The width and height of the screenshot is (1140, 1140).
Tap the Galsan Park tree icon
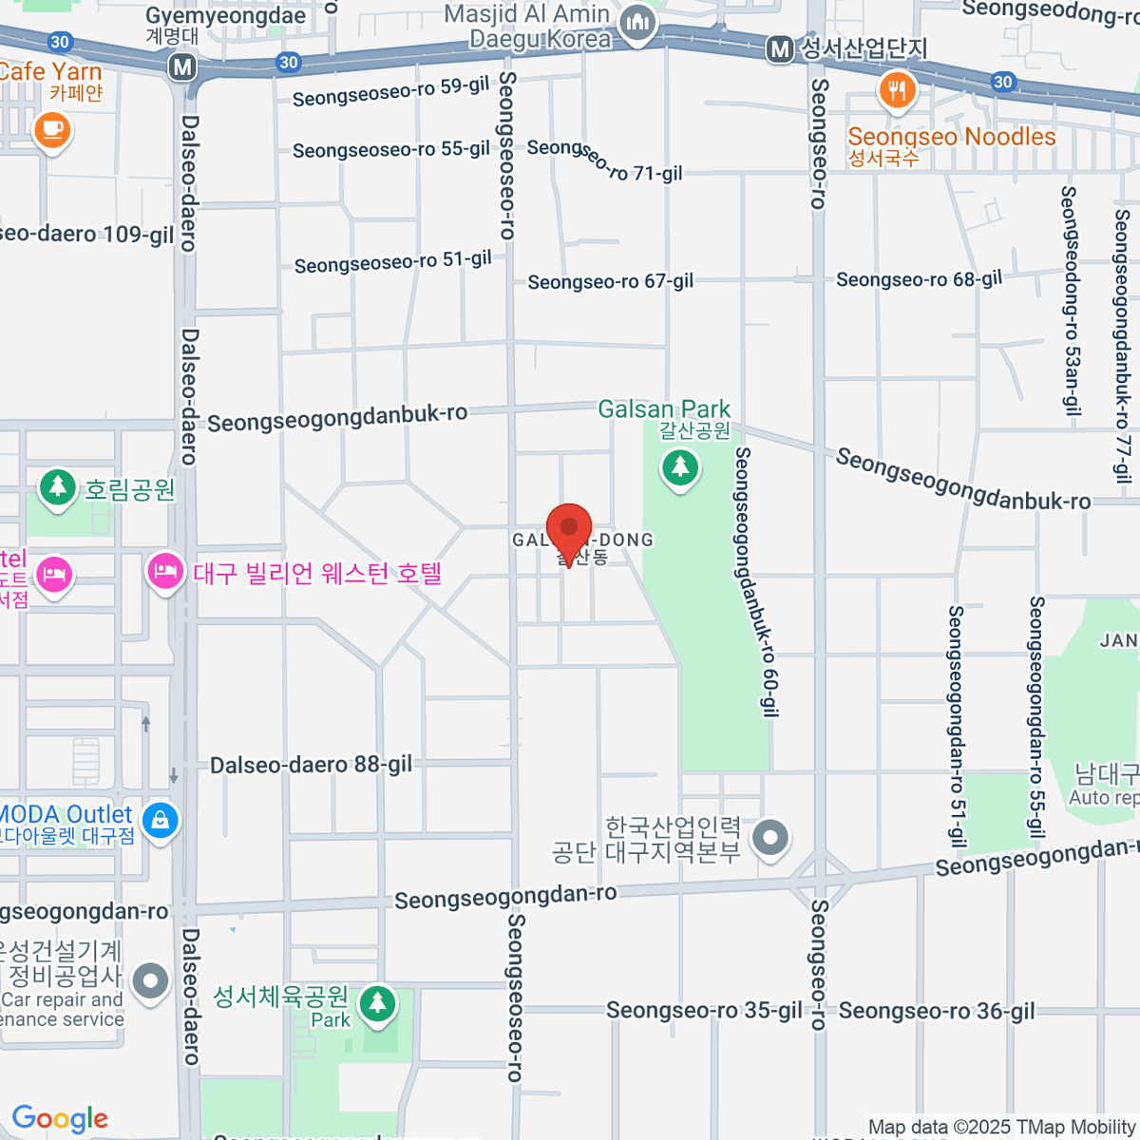coord(679,467)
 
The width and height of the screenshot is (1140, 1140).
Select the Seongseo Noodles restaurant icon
coord(897,91)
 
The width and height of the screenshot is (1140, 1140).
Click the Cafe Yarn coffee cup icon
coord(52,129)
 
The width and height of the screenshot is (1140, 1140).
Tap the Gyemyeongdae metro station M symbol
coord(182,67)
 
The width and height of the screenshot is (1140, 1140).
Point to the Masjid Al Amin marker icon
coord(637,23)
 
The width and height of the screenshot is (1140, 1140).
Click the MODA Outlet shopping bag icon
coord(160,819)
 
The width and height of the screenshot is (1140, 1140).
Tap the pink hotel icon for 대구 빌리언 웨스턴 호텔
coord(165,572)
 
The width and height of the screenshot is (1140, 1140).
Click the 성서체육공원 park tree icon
coord(378,1001)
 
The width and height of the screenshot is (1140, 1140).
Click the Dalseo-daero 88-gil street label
coord(311,766)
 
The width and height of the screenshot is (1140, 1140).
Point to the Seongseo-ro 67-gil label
coord(611,282)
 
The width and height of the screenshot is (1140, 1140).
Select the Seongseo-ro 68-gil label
coord(919,279)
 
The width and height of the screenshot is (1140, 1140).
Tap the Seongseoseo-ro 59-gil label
coord(390,92)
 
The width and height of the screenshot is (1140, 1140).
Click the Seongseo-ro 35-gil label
coord(704,1011)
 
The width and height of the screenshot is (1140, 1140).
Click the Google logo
coord(60,1119)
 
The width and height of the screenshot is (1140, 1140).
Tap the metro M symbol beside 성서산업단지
coord(780,49)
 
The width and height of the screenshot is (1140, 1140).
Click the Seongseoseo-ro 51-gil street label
coord(392,262)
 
